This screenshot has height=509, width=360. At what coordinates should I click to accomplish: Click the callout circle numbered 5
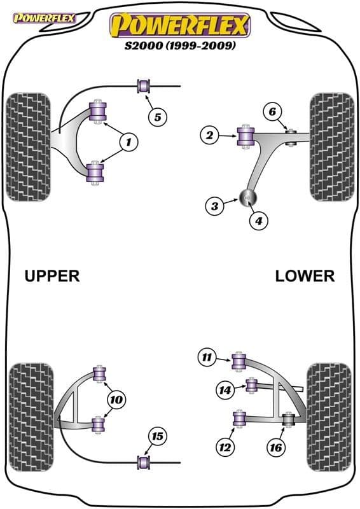tap(158, 116)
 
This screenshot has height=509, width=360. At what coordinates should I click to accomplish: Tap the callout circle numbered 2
tap(208, 134)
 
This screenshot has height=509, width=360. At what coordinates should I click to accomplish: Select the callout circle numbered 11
tap(207, 358)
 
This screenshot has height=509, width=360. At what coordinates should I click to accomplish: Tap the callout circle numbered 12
tap(225, 447)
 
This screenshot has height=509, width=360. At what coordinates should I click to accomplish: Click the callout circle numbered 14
tap(225, 390)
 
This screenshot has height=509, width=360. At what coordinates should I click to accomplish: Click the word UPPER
tap(52, 275)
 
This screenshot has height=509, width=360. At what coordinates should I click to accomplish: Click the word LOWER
tap(305, 275)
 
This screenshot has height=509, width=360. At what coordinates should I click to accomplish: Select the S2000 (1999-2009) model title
tap(180, 46)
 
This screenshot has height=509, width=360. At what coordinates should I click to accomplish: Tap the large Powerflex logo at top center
tap(180, 25)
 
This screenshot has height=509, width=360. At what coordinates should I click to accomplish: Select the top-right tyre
tap(330, 147)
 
